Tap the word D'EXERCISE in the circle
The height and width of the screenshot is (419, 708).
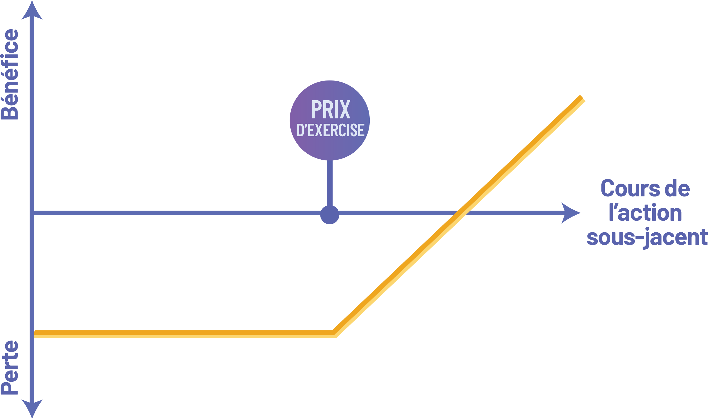(330, 130)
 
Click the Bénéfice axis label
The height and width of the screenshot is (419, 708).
(10, 75)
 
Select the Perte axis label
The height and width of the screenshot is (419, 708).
(10, 367)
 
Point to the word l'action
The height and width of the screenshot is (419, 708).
(645, 213)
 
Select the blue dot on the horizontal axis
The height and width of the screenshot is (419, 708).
(329, 215)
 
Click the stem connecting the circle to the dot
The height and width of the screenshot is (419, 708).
(329, 183)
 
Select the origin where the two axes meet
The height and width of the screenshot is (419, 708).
(32, 213)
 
